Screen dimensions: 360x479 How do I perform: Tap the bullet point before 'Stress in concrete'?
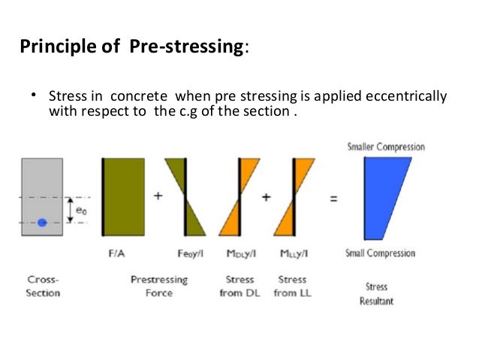point(34,96)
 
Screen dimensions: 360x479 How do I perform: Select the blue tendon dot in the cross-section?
point(43,222)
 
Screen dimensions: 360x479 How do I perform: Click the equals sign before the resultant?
point(333,199)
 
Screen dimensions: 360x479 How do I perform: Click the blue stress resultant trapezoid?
point(385,197)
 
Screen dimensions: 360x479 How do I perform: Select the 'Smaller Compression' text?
point(385,147)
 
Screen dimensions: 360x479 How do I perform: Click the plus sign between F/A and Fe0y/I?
point(158,196)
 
